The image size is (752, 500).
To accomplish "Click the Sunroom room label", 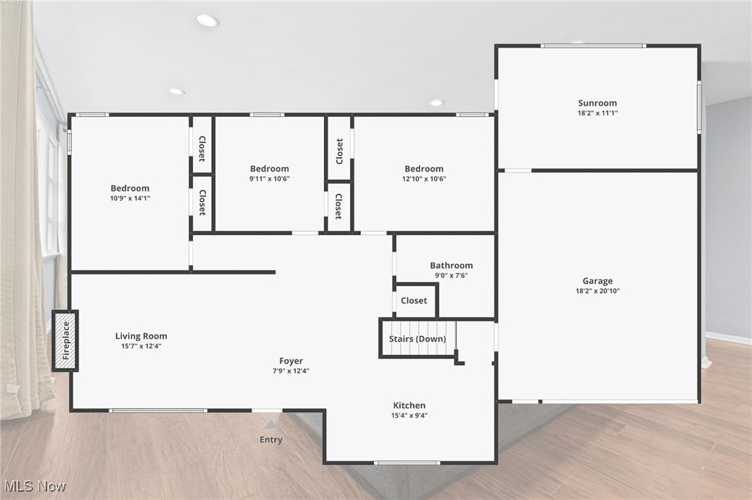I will click(x=598, y=103).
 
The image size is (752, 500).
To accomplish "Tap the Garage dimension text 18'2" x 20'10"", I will click(x=598, y=291).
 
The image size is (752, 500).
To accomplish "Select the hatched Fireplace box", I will click(x=66, y=341).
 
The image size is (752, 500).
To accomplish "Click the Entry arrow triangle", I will click(x=271, y=425).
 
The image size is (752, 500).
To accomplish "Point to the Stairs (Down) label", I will click(x=417, y=339).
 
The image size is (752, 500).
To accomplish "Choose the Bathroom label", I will click(x=451, y=265).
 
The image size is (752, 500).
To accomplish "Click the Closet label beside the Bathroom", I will click(x=414, y=301).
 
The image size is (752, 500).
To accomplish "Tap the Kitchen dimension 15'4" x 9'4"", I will click(x=409, y=416).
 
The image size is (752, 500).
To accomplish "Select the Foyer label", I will click(x=291, y=360).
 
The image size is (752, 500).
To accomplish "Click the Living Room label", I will click(x=141, y=336).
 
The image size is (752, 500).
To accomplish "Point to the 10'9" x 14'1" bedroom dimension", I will click(x=130, y=198).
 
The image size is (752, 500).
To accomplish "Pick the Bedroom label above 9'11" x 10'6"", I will click(x=269, y=169).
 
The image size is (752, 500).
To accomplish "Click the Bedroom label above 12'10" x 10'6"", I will click(x=424, y=169).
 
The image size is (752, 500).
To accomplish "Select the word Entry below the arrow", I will click(x=271, y=440).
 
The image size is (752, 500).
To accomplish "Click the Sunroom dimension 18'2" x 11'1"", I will click(x=598, y=113).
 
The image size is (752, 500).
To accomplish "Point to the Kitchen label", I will click(x=409, y=405).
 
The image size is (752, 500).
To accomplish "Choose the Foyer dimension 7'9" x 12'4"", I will click(x=291, y=371).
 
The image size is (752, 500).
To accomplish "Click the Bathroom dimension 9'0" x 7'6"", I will click(x=451, y=275).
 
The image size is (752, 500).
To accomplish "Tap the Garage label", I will click(x=598, y=281).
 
